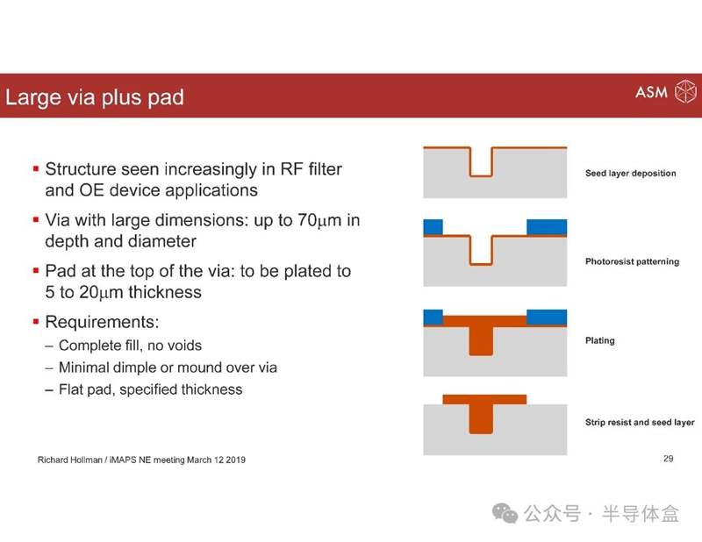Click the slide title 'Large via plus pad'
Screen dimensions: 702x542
(x=95, y=97)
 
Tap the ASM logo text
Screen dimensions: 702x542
(x=651, y=92)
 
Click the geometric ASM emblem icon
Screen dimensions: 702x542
(x=685, y=91)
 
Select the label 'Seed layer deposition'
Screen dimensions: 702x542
(x=630, y=173)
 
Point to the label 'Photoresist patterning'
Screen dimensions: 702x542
(x=632, y=261)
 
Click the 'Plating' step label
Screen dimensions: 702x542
(x=600, y=340)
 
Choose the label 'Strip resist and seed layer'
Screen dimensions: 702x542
(x=640, y=422)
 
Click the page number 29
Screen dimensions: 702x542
(x=669, y=459)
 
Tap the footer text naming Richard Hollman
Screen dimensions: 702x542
(x=141, y=460)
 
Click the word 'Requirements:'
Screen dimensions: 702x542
(x=102, y=322)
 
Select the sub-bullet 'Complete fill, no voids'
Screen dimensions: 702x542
(x=130, y=346)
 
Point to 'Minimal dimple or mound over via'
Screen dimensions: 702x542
(x=168, y=367)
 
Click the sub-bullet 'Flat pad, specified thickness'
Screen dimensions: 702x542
(x=150, y=389)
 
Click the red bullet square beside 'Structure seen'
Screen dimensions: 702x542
(x=36, y=168)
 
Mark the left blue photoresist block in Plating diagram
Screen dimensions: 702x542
(x=433, y=317)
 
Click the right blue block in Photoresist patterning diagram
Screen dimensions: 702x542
(x=547, y=227)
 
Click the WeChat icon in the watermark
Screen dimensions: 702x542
(x=505, y=513)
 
